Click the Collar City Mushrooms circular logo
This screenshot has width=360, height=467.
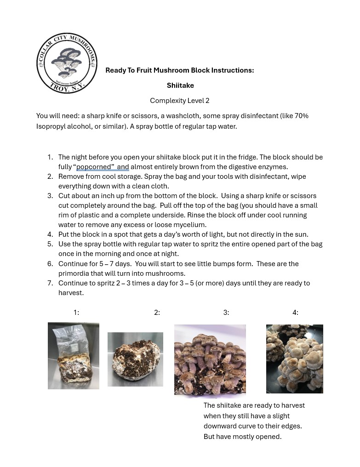[67, 63]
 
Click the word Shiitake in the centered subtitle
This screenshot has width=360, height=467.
[180, 85]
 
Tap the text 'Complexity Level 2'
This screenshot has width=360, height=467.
[179, 101]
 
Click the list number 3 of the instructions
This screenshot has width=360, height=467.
[50, 196]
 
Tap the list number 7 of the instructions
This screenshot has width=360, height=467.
[50, 283]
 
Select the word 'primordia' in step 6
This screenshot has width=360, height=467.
[74, 273]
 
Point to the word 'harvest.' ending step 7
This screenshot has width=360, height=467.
[71, 293]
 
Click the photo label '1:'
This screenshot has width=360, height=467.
[76, 313]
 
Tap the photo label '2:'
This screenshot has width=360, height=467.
[157, 313]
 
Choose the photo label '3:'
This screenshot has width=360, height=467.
[226, 313]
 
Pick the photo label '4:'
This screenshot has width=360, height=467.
[295, 313]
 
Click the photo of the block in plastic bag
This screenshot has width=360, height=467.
[74, 356]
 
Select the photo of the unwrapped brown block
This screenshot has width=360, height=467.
[135, 359]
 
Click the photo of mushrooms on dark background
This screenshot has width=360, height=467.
[294, 359]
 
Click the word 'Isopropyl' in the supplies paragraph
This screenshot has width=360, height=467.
[51, 126]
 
